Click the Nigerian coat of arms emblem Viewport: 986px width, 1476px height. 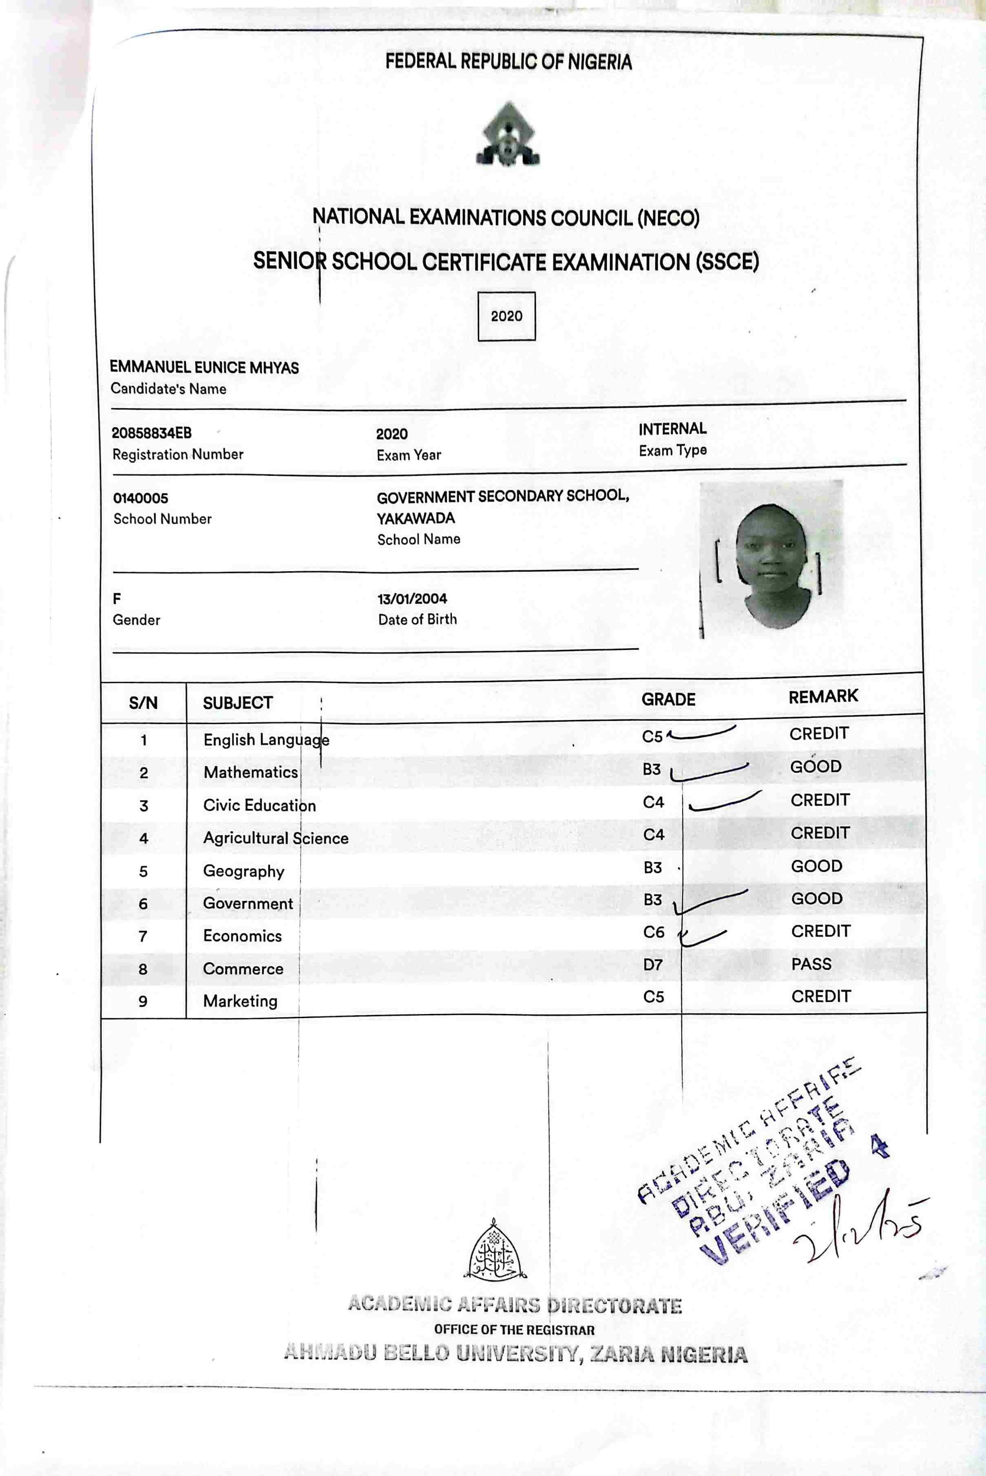click(x=508, y=135)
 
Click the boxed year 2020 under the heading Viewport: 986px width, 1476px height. click(x=506, y=316)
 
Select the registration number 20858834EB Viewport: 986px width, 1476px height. click(x=152, y=433)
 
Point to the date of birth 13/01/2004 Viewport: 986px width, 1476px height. click(x=412, y=599)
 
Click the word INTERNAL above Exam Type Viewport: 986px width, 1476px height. click(x=672, y=429)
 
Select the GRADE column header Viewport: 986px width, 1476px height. click(x=668, y=700)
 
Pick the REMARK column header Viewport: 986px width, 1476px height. click(x=823, y=696)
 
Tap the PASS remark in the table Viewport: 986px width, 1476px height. click(x=811, y=963)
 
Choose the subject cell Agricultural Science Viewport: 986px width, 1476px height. click(x=275, y=838)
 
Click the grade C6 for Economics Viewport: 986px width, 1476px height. click(x=653, y=932)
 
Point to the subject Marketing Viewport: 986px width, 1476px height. click(x=240, y=1001)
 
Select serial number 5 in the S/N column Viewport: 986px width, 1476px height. click(x=144, y=871)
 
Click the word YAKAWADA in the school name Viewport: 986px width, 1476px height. click(x=416, y=518)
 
